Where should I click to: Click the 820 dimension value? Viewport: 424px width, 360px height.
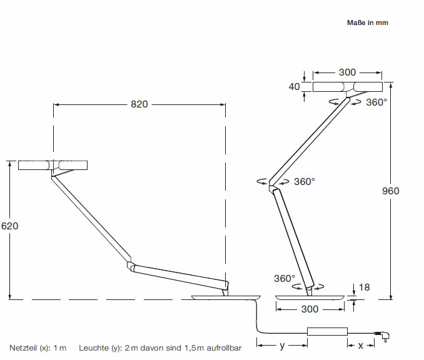tap(139, 104)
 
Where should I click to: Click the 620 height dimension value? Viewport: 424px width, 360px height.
tap(9, 226)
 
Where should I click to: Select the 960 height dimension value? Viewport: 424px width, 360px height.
tap(390, 191)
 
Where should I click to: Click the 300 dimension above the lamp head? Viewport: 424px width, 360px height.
tap(347, 72)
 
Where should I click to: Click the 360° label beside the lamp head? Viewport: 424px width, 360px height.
tap(376, 102)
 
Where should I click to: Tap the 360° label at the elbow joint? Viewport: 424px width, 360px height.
tap(305, 181)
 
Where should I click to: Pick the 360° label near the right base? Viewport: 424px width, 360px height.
tap(284, 278)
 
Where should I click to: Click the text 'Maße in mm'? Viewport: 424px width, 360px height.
tap(368, 22)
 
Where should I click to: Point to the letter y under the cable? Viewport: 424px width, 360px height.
tap(282, 344)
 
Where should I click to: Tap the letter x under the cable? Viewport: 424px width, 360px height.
tap(361, 345)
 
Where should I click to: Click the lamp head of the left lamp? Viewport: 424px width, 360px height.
tap(53, 166)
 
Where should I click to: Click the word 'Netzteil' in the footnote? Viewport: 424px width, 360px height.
tap(23, 346)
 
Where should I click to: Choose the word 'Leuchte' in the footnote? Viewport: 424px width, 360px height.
tap(92, 346)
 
